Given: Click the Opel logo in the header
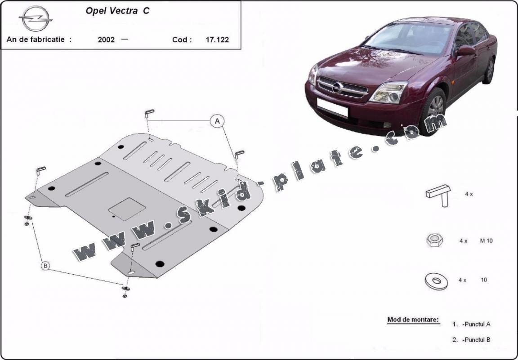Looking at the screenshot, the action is (x=36, y=18).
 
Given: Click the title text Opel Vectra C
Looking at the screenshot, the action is (x=117, y=11).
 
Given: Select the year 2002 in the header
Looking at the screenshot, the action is (x=106, y=40).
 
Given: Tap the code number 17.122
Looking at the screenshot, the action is (x=217, y=40).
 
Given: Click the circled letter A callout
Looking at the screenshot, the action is (x=217, y=121).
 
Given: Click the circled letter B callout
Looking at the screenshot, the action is (x=45, y=266).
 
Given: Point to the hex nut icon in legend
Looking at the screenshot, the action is (x=434, y=240).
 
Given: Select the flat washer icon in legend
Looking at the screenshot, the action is (x=436, y=281).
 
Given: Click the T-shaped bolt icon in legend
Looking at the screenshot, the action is (x=438, y=195).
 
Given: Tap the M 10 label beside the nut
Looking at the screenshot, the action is (x=486, y=241).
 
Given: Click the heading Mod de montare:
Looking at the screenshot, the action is (x=413, y=320).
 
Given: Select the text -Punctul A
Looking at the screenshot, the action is (x=476, y=324).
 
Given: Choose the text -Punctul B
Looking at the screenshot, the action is (x=476, y=339).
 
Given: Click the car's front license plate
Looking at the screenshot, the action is (x=332, y=107).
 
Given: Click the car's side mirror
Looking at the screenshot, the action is (x=465, y=50).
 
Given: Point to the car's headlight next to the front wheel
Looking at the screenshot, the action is (x=388, y=93).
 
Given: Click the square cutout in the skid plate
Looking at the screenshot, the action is (x=127, y=209).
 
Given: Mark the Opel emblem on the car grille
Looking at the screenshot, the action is (x=337, y=88).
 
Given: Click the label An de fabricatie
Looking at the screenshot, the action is (x=39, y=39).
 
